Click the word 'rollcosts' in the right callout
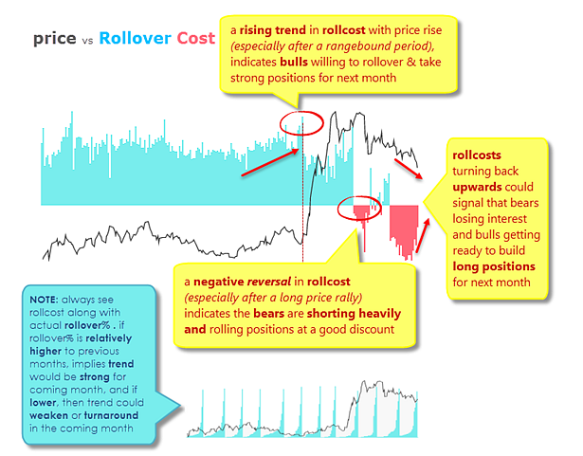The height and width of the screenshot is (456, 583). point(479,154)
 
